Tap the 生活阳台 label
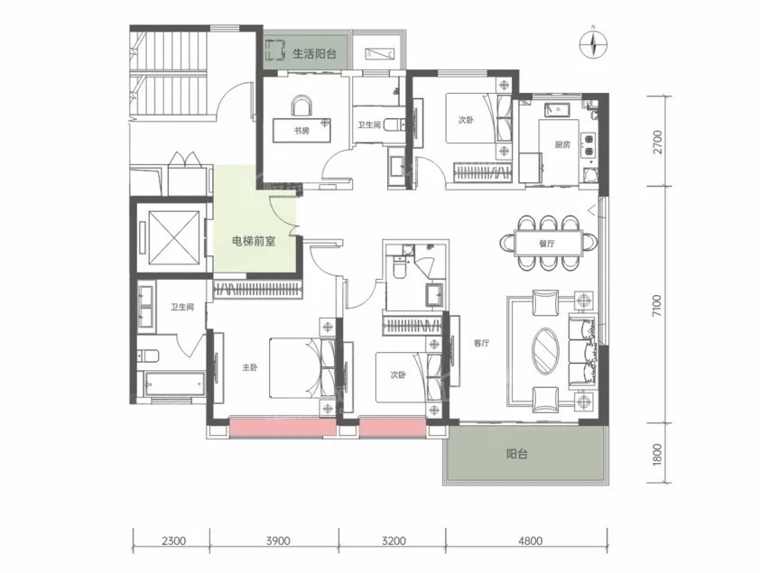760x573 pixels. click(315, 53)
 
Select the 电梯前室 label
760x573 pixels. click(254, 241)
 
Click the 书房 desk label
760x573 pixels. click(301, 131)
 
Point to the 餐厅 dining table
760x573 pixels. click(548, 244)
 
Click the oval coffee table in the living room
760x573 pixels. click(546, 351)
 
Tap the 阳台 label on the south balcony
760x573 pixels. click(517, 454)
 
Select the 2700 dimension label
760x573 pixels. click(657, 142)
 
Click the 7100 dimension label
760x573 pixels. click(657, 306)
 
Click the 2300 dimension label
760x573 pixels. click(173, 541)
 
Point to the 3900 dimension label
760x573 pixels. click(278, 541)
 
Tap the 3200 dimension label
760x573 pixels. click(393, 541)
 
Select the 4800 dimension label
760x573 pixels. click(530, 541)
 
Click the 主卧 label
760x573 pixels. click(249, 367)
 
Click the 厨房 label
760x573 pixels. click(562, 144)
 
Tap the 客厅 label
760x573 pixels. click(481, 344)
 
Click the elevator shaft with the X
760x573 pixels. click(173, 237)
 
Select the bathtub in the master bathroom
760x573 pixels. click(173, 384)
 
